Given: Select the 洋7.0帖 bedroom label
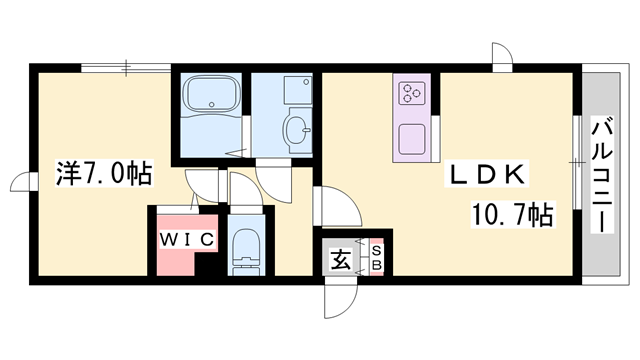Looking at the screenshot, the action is [x=103, y=175].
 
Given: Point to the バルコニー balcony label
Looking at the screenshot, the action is [x=604, y=174].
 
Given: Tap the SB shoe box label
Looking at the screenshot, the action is [x=376, y=258].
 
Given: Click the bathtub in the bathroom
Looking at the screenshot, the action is [x=210, y=98].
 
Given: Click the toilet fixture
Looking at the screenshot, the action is [x=244, y=250].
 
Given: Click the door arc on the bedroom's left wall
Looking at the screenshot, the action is [x=22, y=184].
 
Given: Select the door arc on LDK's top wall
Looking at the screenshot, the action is [x=502, y=56].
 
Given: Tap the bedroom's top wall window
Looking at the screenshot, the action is [x=126, y=68].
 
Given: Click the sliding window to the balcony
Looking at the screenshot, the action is [x=577, y=160].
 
